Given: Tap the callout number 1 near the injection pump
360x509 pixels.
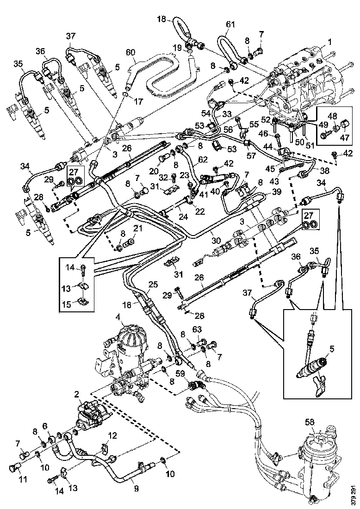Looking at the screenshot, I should tap(330, 42).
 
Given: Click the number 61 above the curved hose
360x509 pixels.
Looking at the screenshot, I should tap(230, 24).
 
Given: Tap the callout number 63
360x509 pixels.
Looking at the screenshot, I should tap(210, 329).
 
